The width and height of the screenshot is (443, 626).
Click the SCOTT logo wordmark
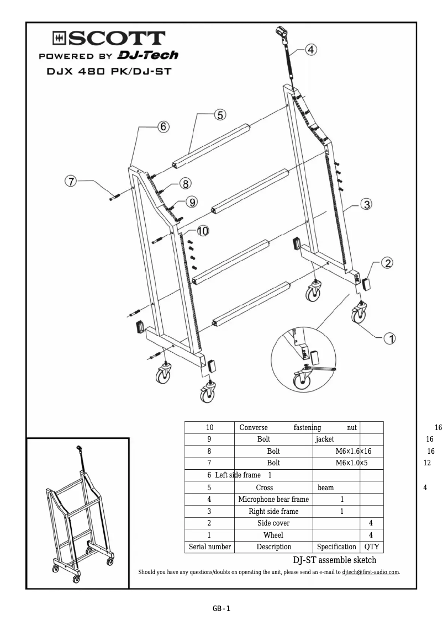109,39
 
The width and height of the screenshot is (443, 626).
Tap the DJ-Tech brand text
147,56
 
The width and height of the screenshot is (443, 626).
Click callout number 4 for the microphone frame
311,50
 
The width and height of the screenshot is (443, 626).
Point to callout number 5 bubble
220,115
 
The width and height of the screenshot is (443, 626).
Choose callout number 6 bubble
163,126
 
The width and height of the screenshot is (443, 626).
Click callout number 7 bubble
71,181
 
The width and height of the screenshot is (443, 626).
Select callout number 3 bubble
366,204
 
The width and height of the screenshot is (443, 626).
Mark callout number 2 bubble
388,263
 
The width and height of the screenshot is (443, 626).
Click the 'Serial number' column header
209,547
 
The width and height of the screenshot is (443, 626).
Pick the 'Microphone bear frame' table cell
273,499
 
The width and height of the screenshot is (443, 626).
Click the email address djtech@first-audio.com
370,572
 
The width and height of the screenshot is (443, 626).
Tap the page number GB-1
221,609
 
